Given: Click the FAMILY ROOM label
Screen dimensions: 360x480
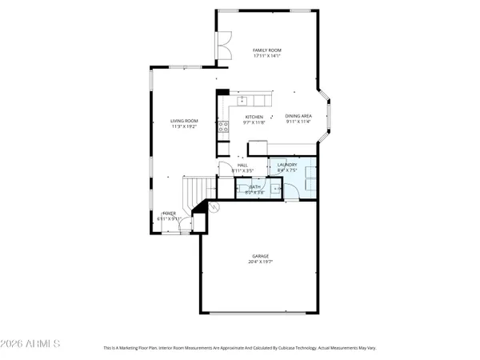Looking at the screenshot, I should [267, 50].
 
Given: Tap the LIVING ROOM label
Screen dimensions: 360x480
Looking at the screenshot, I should [184, 121].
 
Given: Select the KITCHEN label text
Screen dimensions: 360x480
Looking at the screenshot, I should [254, 116].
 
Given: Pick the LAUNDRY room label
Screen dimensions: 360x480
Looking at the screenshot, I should [287, 164].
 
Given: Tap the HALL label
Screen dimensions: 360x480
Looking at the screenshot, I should [242, 165].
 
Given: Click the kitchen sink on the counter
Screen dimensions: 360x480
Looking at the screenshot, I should [243, 101].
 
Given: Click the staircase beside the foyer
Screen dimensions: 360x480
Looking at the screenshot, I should [195, 194].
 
